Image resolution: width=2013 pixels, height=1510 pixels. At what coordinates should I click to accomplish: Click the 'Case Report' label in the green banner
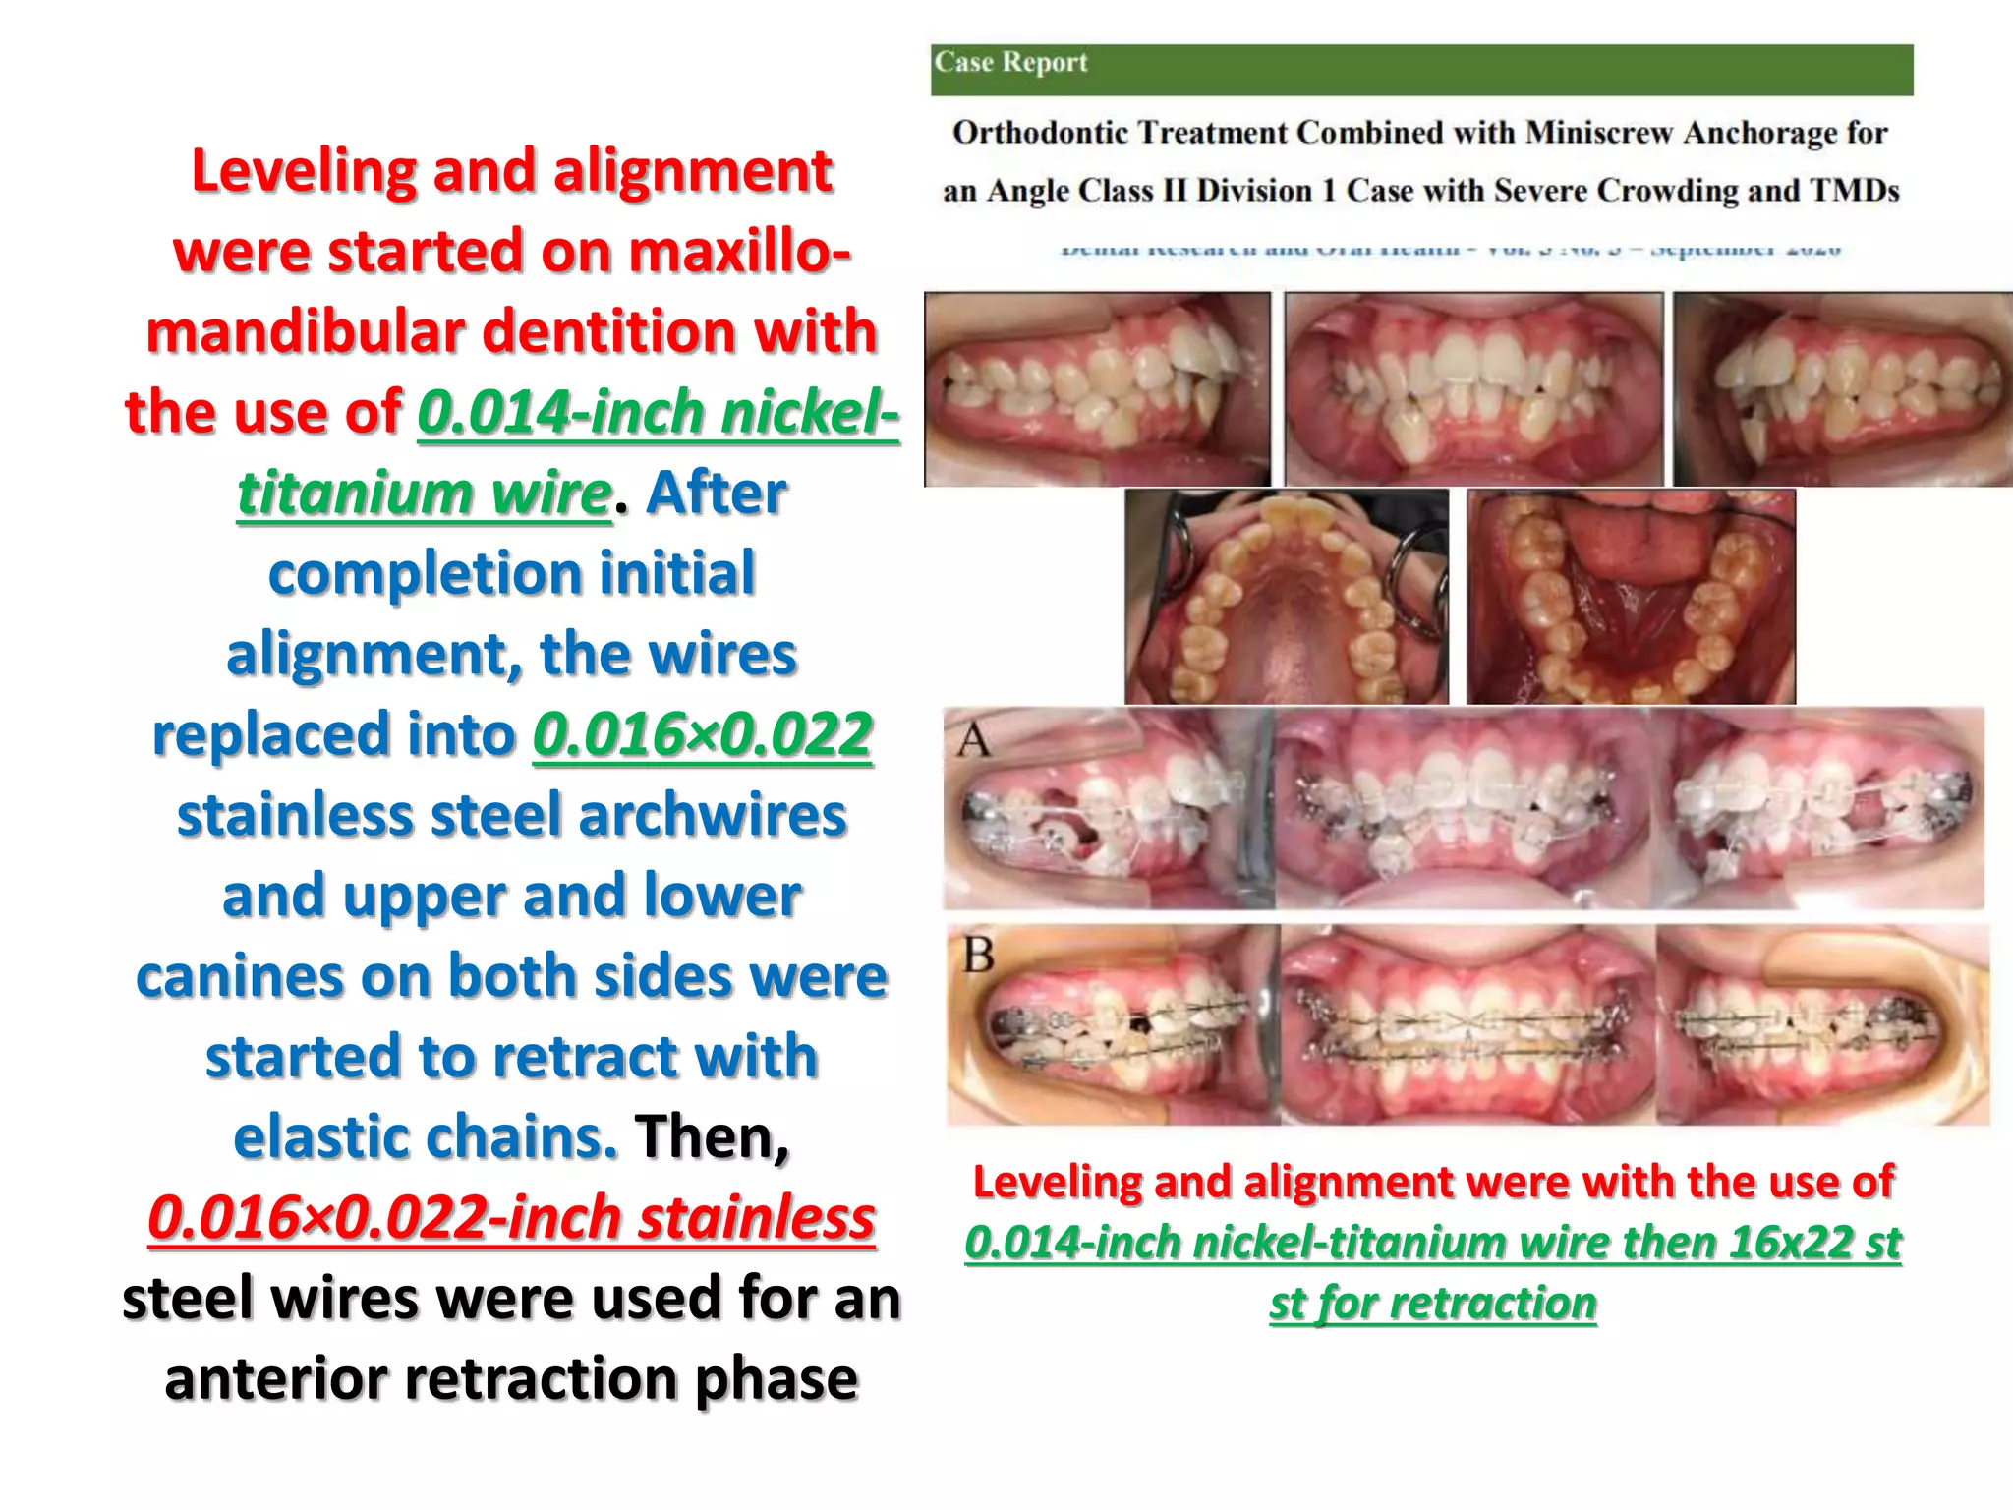pyautogui.click(x=1010, y=62)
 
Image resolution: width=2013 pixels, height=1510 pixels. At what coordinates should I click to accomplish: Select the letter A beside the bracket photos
pyautogui.click(x=974, y=740)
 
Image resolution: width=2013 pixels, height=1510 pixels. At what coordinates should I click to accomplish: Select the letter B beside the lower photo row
pyautogui.click(x=978, y=955)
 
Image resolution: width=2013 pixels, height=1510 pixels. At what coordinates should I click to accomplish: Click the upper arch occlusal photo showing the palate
pyautogui.click(x=1286, y=597)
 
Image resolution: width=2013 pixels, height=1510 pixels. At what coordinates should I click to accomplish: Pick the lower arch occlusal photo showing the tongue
pyautogui.click(x=1630, y=597)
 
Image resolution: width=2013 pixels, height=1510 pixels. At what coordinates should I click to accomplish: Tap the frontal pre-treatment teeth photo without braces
pyautogui.click(x=1473, y=389)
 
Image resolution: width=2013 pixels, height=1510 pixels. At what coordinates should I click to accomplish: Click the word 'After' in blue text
pyautogui.click(x=716, y=493)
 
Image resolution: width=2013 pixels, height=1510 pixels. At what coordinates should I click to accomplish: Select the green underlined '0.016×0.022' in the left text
pyautogui.click(x=702, y=734)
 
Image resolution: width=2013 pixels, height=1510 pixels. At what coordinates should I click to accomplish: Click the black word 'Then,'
pyautogui.click(x=712, y=1137)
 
